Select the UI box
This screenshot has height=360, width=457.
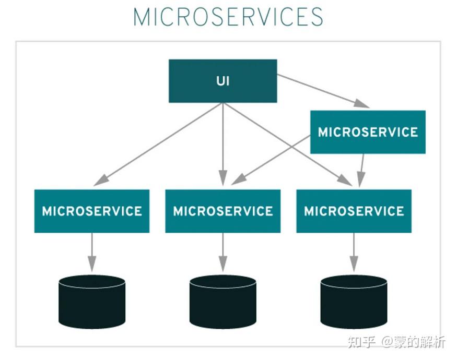coord(223,81)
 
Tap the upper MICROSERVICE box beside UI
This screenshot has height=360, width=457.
coord(368,132)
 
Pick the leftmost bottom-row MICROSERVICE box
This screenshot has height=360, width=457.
coord(92,211)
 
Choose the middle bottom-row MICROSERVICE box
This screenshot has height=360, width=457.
coord(223,211)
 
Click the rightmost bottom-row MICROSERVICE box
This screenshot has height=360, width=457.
coord(354,211)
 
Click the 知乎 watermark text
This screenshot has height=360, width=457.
coord(361,342)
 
